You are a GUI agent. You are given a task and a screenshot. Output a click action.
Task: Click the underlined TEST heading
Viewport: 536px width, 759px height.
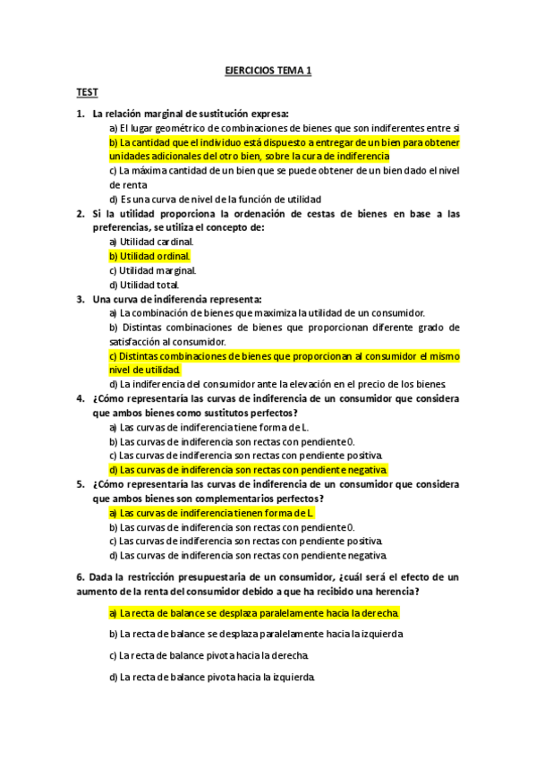point(87,92)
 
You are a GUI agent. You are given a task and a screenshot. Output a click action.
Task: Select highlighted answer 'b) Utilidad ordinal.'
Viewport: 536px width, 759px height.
point(149,256)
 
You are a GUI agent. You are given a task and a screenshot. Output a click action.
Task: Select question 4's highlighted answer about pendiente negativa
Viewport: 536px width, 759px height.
point(248,469)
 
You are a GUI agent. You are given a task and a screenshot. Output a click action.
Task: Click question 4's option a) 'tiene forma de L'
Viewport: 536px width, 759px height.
point(208,427)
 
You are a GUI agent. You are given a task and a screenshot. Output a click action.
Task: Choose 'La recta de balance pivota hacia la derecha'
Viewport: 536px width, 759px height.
point(209,655)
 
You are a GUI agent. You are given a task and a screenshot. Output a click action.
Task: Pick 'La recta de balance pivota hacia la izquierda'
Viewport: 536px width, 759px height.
point(212,677)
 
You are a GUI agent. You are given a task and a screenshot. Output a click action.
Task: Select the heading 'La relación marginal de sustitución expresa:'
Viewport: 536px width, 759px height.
point(190,114)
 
